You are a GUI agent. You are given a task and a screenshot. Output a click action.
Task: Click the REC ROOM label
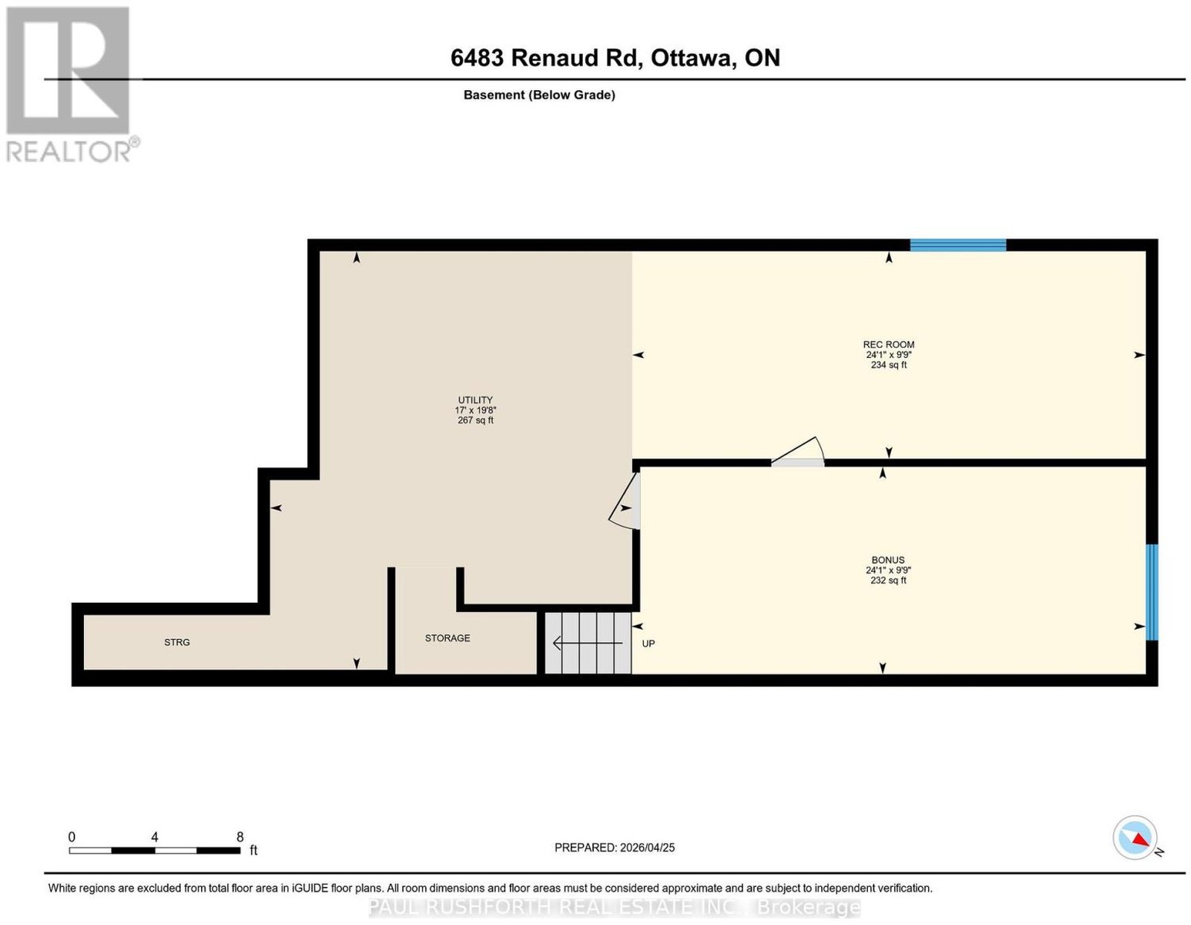pyautogui.click(x=888, y=345)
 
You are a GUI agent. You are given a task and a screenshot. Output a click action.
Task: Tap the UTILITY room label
pyautogui.click(x=475, y=400)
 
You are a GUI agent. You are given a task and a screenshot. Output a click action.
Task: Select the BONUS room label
pyautogui.click(x=887, y=560)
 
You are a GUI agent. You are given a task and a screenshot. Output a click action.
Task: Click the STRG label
pyautogui.click(x=177, y=642)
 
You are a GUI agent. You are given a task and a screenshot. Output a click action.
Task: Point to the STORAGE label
pyautogui.click(x=447, y=638)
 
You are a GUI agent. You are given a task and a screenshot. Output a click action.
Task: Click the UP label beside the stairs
pyautogui.click(x=648, y=644)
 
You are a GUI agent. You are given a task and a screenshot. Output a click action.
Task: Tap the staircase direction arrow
pyautogui.click(x=587, y=643)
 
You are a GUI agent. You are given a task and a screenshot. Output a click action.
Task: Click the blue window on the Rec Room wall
pyautogui.click(x=957, y=245)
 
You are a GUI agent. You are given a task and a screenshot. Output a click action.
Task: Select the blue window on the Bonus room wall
pyautogui.click(x=1152, y=592)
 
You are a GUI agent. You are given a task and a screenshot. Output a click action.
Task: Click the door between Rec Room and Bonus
pyautogui.click(x=797, y=452)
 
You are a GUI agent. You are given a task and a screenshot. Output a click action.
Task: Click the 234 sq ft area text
pyautogui.click(x=889, y=365)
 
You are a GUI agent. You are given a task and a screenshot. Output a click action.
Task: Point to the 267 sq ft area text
pyautogui.click(x=475, y=420)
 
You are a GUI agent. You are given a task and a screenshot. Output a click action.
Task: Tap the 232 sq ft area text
pyautogui.click(x=888, y=580)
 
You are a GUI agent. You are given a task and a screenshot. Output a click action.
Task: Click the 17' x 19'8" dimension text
pyautogui.click(x=475, y=409)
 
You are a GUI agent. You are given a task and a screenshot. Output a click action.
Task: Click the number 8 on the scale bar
pyautogui.click(x=240, y=837)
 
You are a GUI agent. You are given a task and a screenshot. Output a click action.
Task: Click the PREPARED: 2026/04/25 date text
pyautogui.click(x=614, y=847)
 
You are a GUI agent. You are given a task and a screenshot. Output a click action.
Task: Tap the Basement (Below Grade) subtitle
pyautogui.click(x=540, y=95)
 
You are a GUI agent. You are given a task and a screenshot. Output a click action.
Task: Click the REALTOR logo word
pyautogui.click(x=69, y=151)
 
